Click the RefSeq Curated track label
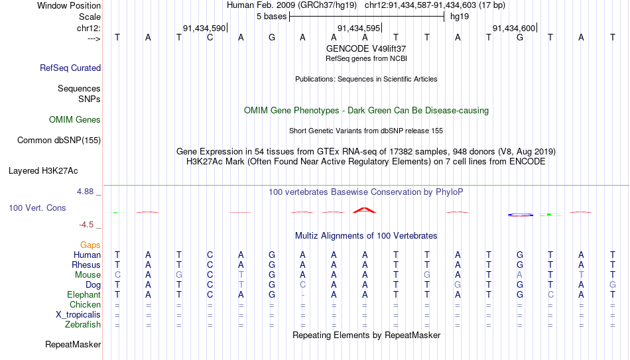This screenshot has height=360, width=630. coord(70,68)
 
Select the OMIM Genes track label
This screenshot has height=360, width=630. coord(75,120)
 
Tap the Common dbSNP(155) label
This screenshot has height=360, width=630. coord(59,141)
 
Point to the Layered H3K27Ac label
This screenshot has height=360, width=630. coord(43,171)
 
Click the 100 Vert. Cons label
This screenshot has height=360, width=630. coord(37,208)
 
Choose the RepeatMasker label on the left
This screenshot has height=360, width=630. coord(73,344)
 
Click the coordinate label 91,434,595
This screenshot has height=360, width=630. coord(359,28)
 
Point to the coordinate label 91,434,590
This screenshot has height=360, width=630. coord(204,28)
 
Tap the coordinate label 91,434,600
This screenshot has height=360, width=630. coord(514,28)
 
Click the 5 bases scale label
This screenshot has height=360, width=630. coord(272,17)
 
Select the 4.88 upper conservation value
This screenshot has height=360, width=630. coord(85,192)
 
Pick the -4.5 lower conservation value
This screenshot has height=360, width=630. coord(86,225)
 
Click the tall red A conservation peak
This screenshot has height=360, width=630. coord(365,210)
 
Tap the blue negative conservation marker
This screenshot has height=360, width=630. coord(521,215)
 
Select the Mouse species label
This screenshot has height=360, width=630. coord(88,275)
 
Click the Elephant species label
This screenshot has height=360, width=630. coord(84,294)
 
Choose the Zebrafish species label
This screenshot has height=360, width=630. coord(83,324)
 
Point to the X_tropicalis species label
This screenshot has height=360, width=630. coord(78,315)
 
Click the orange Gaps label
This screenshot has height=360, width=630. coord(90,245)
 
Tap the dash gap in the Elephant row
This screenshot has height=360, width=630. coord(302,295)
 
